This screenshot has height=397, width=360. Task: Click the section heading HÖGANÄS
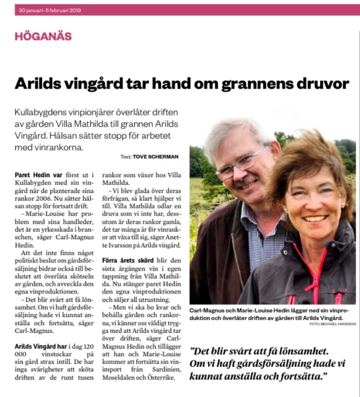pos(43,36)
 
